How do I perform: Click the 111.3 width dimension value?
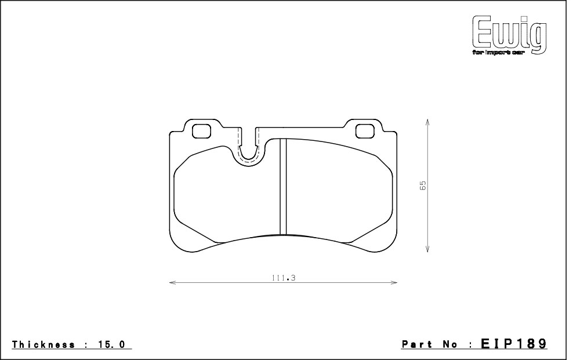coord(284,278)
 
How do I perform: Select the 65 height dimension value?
coord(423,185)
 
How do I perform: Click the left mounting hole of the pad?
coord(202,131)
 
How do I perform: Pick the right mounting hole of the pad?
coord(364,131)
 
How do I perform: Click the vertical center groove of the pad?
coord(284,186)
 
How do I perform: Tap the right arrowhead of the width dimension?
coord(394,283)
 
